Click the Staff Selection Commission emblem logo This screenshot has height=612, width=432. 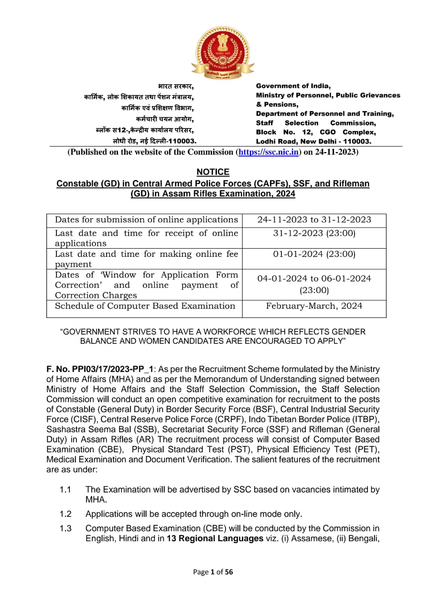pyautogui.click(x=223, y=53)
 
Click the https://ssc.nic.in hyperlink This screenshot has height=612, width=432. pyautogui.click(x=269, y=153)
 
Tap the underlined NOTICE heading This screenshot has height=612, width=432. pyautogui.click(x=213, y=172)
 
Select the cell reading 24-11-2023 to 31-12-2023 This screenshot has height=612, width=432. pyautogui.click(x=314, y=220)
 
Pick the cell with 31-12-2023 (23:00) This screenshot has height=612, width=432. pyautogui.click(x=314, y=233)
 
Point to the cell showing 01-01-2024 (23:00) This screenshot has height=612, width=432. pyautogui.click(x=314, y=254)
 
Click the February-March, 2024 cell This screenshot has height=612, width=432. pyautogui.click(x=314, y=306)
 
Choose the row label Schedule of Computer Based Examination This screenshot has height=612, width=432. pyautogui.click(x=145, y=306)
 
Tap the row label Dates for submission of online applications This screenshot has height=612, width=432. pyautogui.click(x=146, y=220)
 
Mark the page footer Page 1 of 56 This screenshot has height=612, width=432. pyautogui.click(x=213, y=572)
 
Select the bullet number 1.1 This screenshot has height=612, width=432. pyautogui.click(x=65, y=490)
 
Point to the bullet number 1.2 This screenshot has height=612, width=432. pyautogui.click(x=65, y=514)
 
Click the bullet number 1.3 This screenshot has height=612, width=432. pyautogui.click(x=65, y=529)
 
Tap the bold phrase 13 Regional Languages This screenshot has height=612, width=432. pyautogui.click(x=215, y=539)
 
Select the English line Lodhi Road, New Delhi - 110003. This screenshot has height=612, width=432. pyautogui.click(x=314, y=142)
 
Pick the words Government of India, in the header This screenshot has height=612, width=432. pyautogui.click(x=293, y=86)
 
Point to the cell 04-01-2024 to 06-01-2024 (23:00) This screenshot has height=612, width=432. pyautogui.click(x=314, y=284)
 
